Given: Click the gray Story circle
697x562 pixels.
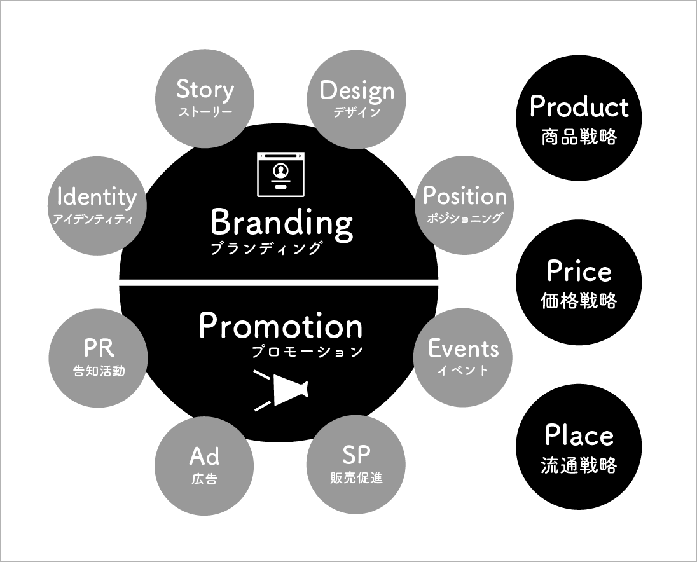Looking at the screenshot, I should [204, 99].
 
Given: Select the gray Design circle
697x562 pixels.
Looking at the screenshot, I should [356, 99].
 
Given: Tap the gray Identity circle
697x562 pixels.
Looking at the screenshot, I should [97, 205].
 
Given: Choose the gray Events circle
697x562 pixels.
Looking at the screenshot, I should [463, 357].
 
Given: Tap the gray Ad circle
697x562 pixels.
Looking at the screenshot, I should [204, 465].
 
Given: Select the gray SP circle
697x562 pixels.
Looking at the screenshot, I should [356, 465].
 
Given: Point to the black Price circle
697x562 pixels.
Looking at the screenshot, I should [579, 282].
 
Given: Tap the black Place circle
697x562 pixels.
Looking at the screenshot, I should [579, 447].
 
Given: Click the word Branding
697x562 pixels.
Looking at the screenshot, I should [281, 223].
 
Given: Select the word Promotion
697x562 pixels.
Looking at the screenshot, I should [280, 326].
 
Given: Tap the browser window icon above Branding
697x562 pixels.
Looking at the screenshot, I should [280, 174].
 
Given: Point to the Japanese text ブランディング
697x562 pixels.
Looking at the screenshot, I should [266, 249].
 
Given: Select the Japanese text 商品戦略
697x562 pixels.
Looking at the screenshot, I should [579, 137].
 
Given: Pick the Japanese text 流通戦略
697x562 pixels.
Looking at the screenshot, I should [579, 465].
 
